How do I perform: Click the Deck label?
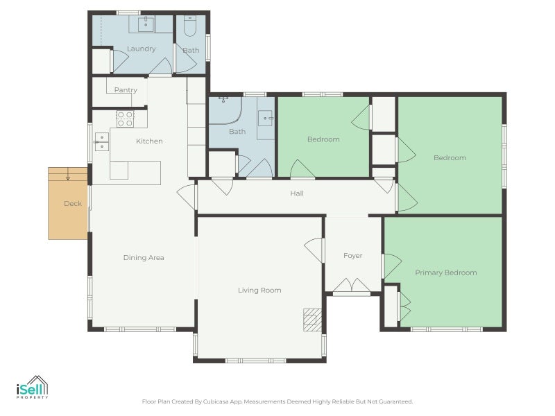(x=72, y=204)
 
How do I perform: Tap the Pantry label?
(x=126, y=90)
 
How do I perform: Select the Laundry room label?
(x=141, y=49)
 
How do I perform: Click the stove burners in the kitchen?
(x=125, y=119)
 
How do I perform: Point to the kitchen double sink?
(x=101, y=141)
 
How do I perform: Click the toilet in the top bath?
(x=190, y=26)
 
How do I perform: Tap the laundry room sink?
(x=146, y=25)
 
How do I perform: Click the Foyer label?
(x=352, y=256)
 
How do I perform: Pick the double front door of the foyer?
(x=352, y=286)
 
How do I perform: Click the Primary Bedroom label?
(x=445, y=272)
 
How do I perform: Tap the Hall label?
(x=296, y=193)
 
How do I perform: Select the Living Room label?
(x=259, y=290)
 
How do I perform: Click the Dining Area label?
(x=144, y=257)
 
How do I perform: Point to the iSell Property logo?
(x=31, y=387)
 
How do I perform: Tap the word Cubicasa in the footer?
(x=219, y=401)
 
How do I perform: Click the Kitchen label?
(x=149, y=141)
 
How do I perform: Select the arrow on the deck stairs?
(x=68, y=177)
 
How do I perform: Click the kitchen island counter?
(x=135, y=172)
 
